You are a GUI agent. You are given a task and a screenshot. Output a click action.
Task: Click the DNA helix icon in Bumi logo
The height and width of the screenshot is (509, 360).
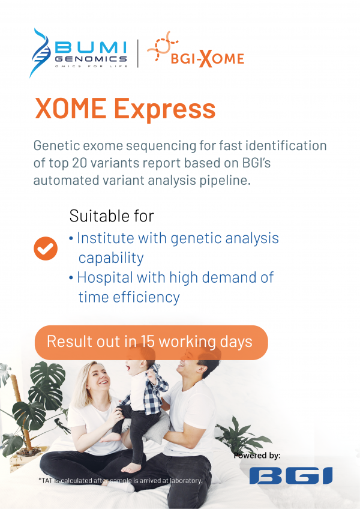[x=41, y=53]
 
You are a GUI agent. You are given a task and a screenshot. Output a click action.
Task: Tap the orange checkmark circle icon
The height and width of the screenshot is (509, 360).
[x=45, y=248]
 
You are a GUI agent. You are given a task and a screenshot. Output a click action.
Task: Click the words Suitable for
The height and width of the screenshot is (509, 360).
[x=112, y=216]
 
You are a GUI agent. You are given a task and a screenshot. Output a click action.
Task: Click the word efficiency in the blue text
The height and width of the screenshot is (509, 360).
[x=151, y=297]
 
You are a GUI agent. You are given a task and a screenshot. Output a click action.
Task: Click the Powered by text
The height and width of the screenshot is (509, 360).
[x=257, y=456]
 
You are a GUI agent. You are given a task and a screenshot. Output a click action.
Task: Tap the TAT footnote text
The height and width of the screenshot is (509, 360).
[x=120, y=480]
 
